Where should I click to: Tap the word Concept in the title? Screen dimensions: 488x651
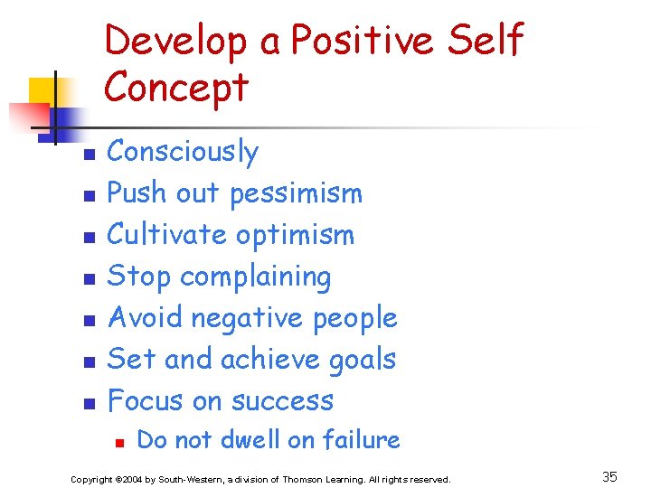pyautogui.click(x=176, y=88)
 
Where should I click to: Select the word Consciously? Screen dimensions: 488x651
pyautogui.click(x=183, y=152)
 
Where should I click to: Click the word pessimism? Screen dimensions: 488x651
pyautogui.click(x=296, y=193)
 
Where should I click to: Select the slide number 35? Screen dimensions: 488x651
pyautogui.click(x=609, y=476)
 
